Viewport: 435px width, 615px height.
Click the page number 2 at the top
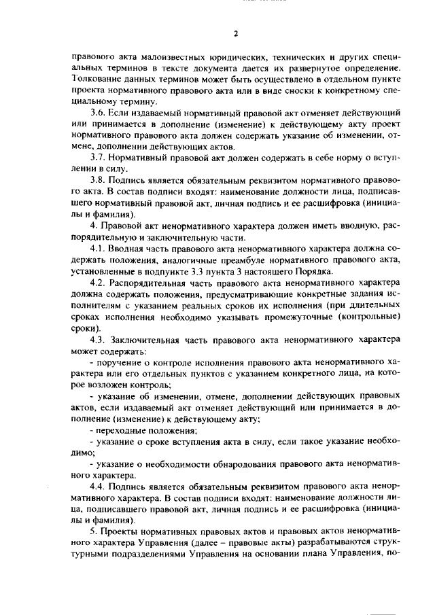click(x=234, y=33)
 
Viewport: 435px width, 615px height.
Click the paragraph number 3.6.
click(x=99, y=113)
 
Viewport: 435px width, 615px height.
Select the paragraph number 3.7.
click(x=99, y=156)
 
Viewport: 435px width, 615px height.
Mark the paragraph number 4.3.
click(x=99, y=339)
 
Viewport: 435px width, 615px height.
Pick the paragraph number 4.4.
click(x=99, y=487)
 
